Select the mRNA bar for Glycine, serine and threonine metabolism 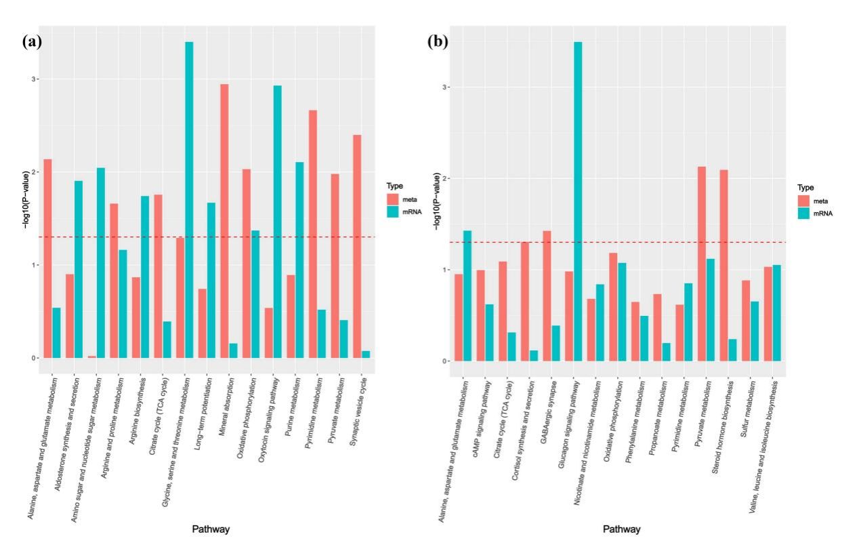(x=189, y=200)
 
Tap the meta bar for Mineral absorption (x=224, y=221)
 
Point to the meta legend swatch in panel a (x=393, y=199)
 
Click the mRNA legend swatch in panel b (x=805, y=213)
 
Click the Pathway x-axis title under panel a (x=210, y=529)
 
